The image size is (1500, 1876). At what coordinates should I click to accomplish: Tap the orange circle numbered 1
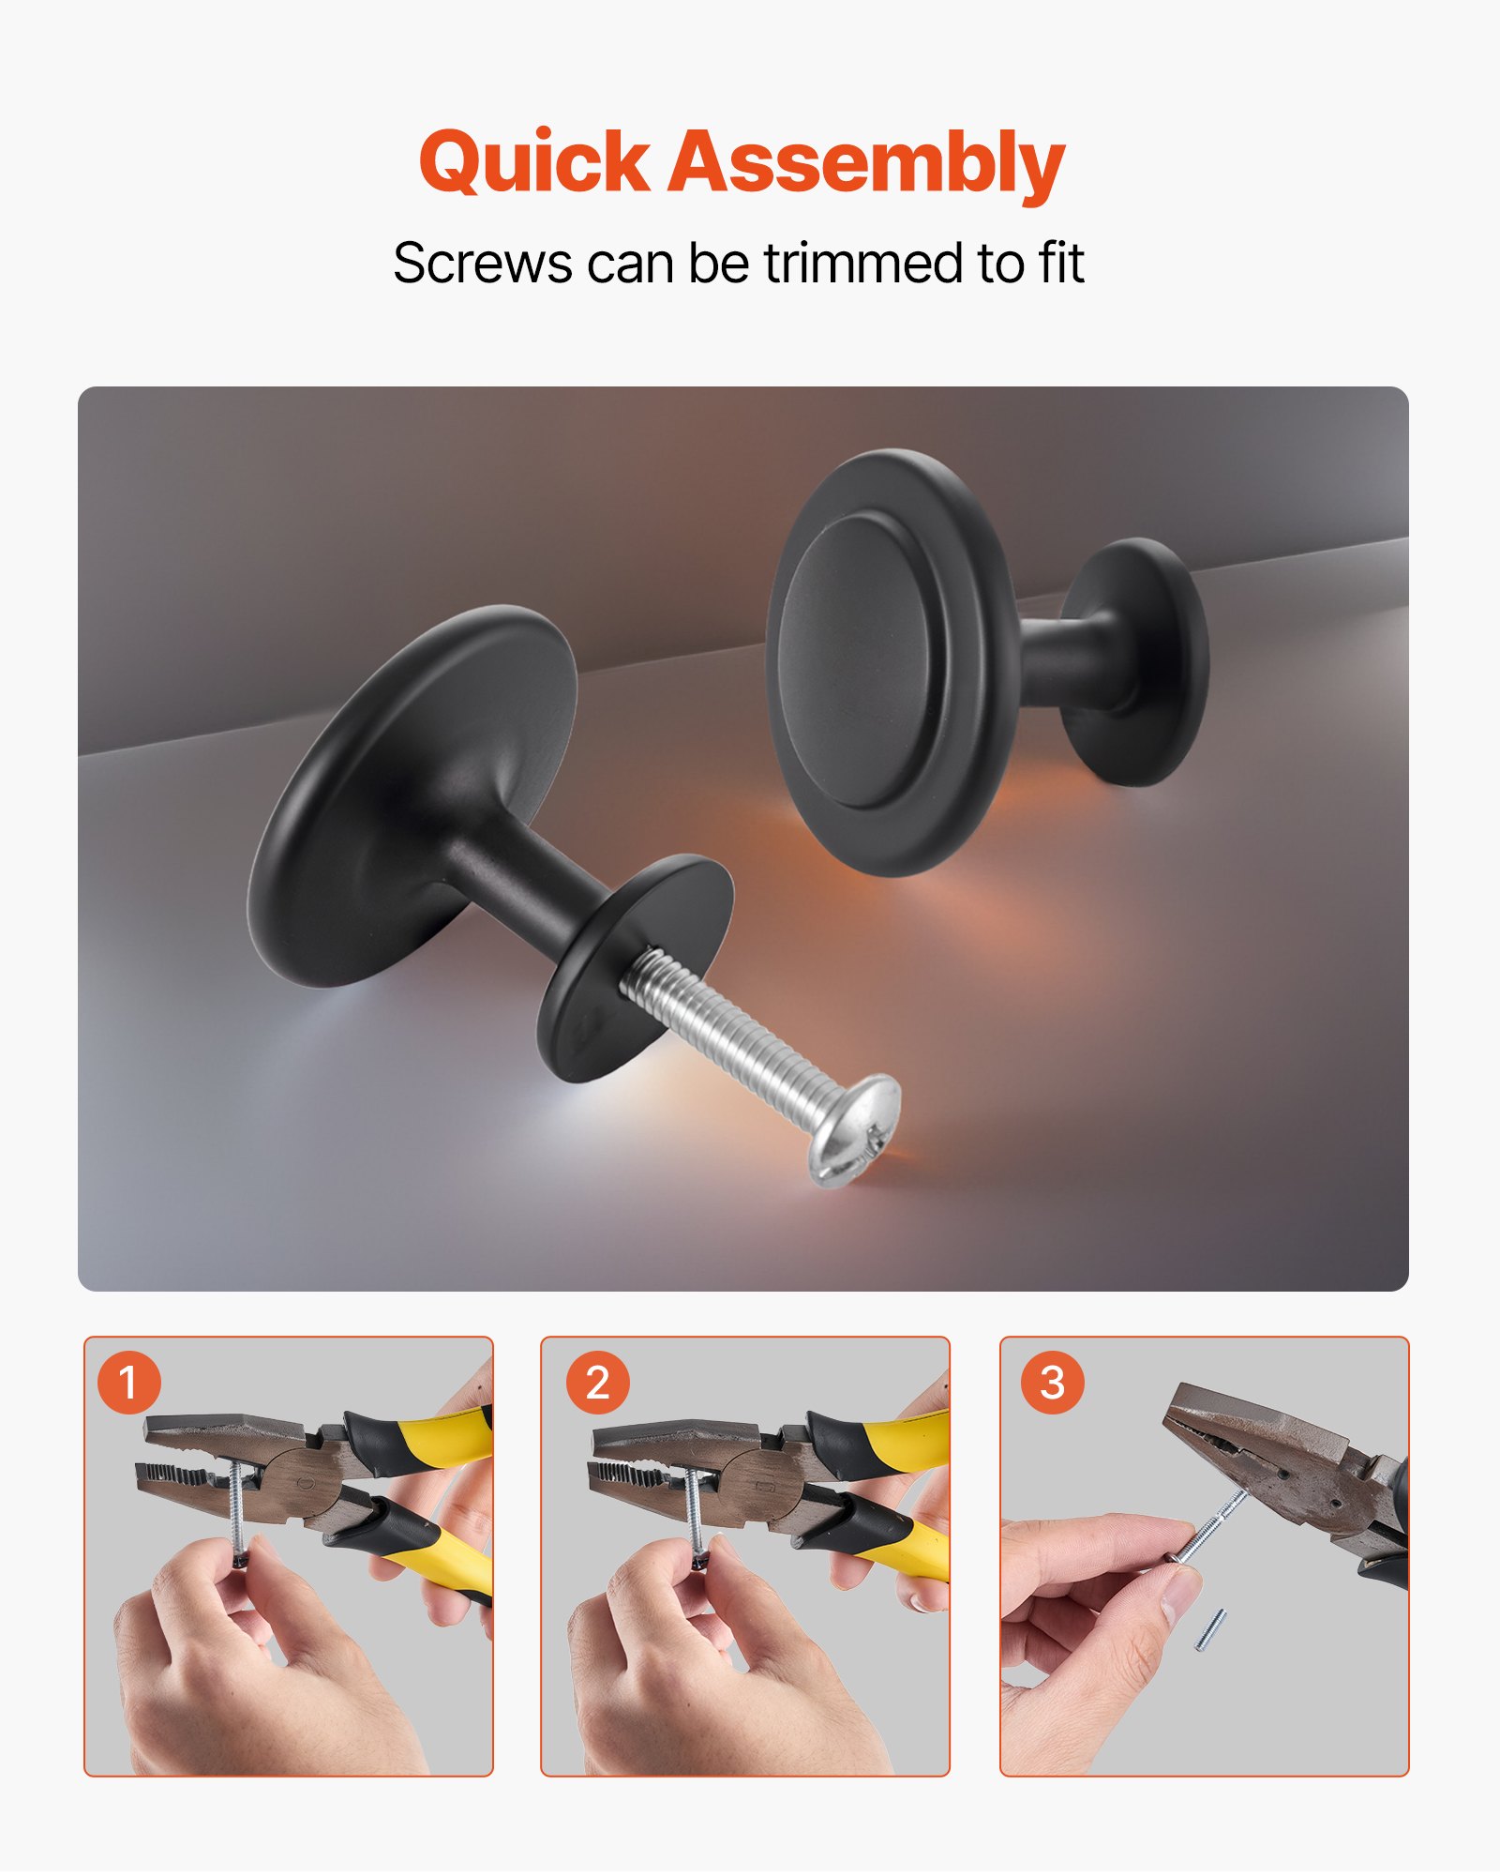coord(128,1383)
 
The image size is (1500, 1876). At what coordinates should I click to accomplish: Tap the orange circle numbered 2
coord(597,1383)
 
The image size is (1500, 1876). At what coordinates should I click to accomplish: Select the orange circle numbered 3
coord(1052,1383)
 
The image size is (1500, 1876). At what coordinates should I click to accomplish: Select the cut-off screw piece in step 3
coord(1209,1630)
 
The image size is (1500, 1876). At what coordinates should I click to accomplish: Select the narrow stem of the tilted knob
coord(525,877)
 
